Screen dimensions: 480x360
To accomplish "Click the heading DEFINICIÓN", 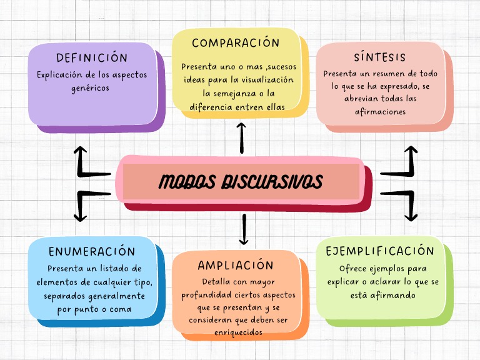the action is pyautogui.click(x=92, y=57).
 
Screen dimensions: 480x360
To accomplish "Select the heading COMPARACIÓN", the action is pyautogui.click(x=236, y=43).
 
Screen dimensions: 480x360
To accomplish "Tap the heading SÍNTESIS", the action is pyautogui.click(x=379, y=57).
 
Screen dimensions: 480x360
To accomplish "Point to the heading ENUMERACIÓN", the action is pyautogui.click(x=92, y=252).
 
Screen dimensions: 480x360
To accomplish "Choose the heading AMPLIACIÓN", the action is pyautogui.click(x=236, y=266).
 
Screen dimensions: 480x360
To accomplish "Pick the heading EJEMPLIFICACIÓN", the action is pyautogui.click(x=380, y=251).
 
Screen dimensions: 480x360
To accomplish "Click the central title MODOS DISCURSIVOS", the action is pyautogui.click(x=241, y=182).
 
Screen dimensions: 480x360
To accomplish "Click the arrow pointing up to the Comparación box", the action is pyautogui.click(x=242, y=138).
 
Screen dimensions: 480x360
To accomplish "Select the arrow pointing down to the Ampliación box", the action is pyautogui.click(x=244, y=229).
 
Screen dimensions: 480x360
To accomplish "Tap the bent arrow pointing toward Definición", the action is pyautogui.click(x=86, y=162).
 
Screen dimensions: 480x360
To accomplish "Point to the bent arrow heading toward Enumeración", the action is pyautogui.click(x=86, y=204).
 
